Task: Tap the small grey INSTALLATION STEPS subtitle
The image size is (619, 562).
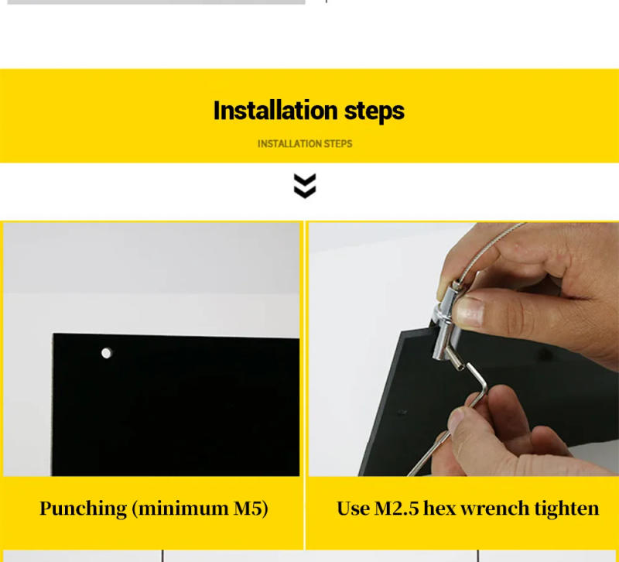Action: tap(305, 143)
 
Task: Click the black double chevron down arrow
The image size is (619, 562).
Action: tap(305, 186)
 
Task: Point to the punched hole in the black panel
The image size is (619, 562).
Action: tap(106, 353)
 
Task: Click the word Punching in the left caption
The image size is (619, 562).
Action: tap(83, 509)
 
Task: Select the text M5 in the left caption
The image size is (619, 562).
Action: tap(251, 509)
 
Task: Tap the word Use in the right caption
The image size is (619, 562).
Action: tap(353, 509)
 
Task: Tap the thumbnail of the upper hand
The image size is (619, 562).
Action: tap(467, 314)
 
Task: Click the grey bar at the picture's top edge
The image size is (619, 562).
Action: tap(155, 2)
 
